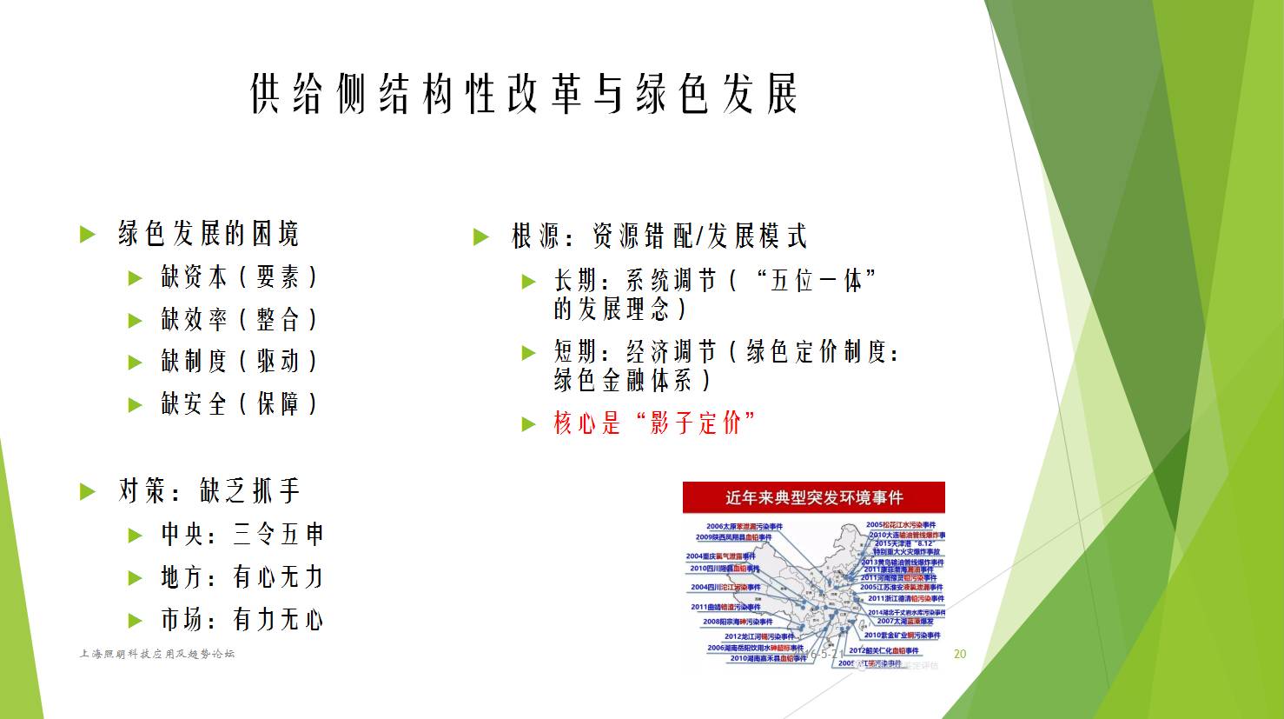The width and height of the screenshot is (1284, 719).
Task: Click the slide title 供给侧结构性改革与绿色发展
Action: [524, 94]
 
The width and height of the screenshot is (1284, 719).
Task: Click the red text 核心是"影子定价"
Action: [654, 423]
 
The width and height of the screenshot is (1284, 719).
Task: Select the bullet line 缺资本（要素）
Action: [240, 277]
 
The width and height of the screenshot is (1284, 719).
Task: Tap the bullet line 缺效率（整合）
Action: [240, 319]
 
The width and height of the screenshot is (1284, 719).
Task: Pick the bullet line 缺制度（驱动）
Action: [240, 361]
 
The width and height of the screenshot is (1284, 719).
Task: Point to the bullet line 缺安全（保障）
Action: [240, 403]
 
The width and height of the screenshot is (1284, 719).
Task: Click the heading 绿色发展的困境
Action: [208, 234]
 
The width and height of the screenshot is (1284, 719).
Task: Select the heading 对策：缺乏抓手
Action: [208, 491]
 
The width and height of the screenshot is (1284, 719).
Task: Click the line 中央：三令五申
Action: [242, 534]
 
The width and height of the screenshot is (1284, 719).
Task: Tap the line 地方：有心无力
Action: [242, 576]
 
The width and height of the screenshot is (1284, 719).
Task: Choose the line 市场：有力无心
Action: [242, 619]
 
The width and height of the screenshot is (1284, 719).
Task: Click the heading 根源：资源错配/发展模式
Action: [659, 236]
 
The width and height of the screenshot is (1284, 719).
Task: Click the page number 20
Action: [960, 654]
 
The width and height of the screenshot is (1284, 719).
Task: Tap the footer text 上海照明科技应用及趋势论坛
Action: [156, 654]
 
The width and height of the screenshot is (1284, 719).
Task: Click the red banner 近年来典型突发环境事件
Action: [813, 497]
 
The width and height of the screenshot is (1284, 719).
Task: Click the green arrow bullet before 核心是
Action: [529, 424]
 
